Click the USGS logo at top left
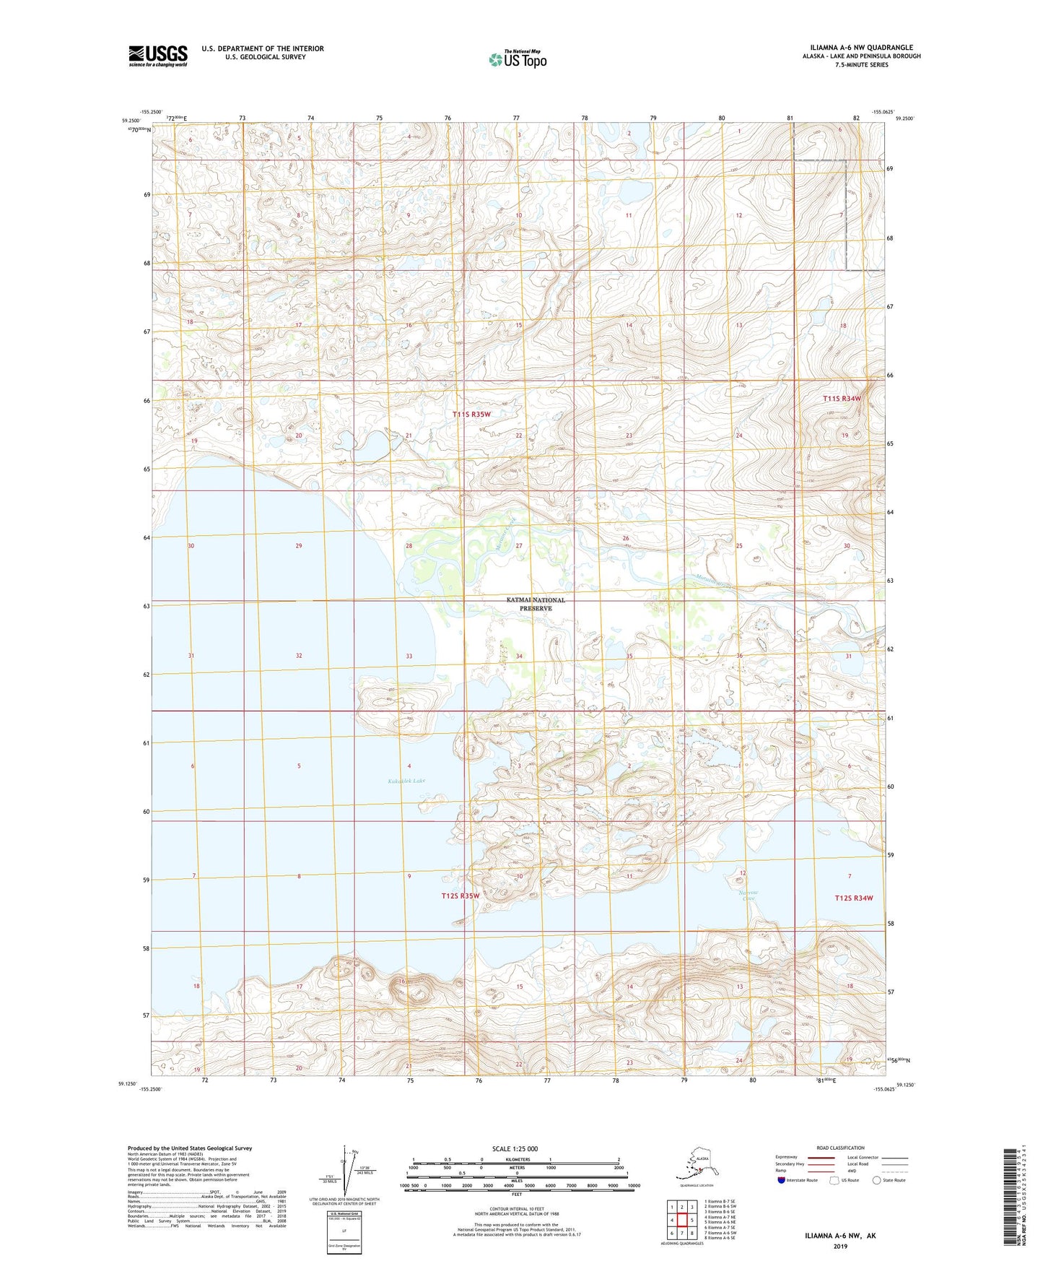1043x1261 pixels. tap(157, 56)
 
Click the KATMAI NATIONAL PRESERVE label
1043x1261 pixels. tap(535, 604)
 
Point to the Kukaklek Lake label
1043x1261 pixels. tap(406, 781)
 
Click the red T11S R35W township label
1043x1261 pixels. tap(471, 414)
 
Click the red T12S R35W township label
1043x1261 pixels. tap(460, 896)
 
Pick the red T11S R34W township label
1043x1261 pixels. tap(842, 399)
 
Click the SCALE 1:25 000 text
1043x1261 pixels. tap(515, 1149)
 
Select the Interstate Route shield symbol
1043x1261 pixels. tap(782, 1180)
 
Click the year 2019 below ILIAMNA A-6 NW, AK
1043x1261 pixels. tap(840, 1247)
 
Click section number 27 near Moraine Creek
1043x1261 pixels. tap(519, 546)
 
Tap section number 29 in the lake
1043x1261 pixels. tap(298, 546)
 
